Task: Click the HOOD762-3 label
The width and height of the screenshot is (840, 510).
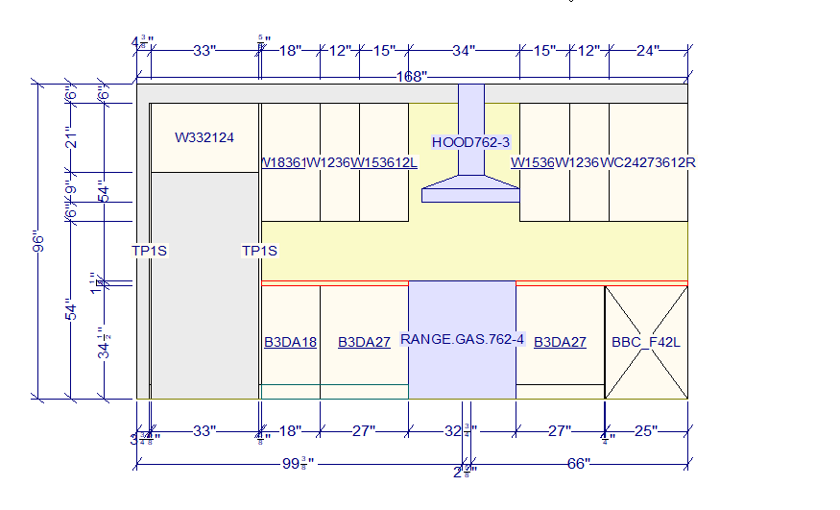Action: point(470,142)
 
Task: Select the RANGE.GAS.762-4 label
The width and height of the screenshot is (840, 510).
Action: point(462,340)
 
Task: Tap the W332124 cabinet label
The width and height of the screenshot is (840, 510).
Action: point(204,137)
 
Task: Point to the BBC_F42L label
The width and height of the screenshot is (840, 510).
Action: point(646,342)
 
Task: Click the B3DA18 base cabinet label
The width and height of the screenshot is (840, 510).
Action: point(290,342)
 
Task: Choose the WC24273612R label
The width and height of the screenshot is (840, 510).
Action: point(648,162)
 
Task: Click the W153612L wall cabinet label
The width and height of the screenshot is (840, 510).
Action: point(384,162)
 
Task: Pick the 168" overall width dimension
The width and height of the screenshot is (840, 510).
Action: point(413,76)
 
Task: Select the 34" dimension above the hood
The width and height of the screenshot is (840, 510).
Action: point(465,51)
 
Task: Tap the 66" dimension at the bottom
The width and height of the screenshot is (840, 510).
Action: point(578,464)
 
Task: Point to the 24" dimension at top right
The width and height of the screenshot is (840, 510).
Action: point(648,51)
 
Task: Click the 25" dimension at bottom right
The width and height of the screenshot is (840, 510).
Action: point(646,431)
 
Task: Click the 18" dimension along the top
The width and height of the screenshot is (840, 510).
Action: point(291,51)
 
